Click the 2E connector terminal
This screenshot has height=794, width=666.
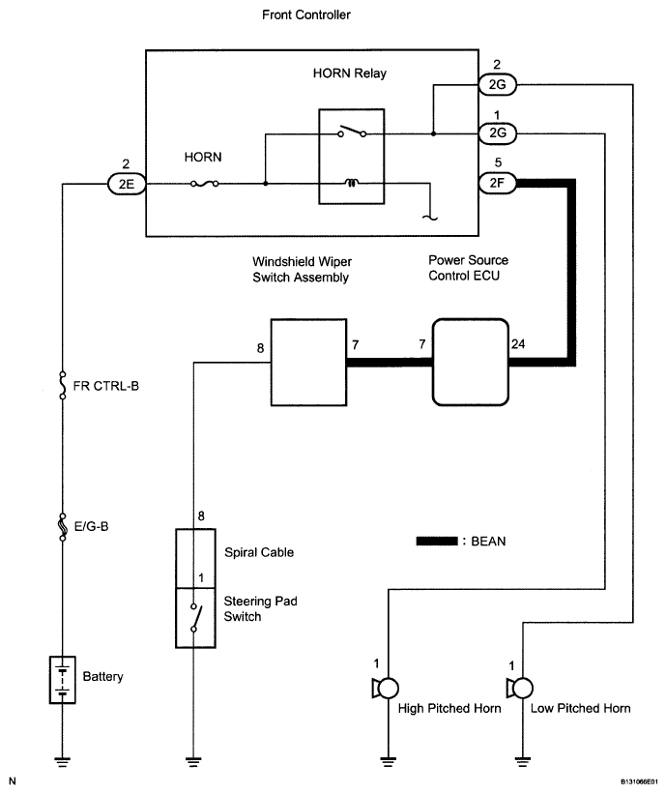[127, 184]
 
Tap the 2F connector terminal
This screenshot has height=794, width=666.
[497, 183]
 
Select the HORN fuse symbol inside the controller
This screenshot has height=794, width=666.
[205, 184]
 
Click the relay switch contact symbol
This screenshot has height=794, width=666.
[352, 132]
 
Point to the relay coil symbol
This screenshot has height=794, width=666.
[351, 182]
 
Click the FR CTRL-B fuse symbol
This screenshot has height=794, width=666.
[63, 385]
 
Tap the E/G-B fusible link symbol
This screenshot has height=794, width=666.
[63, 526]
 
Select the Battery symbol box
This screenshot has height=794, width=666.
[62, 680]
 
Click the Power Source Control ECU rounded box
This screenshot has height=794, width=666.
[470, 362]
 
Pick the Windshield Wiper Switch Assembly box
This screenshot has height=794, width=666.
[308, 362]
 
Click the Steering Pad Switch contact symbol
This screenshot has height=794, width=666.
[195, 618]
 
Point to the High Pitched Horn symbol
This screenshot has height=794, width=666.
[386, 689]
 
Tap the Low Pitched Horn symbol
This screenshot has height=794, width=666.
[520, 689]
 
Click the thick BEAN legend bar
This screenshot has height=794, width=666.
[437, 541]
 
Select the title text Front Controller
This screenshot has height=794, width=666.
[306, 15]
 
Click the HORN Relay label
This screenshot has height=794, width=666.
[350, 74]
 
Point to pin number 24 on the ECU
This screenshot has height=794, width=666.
[518, 344]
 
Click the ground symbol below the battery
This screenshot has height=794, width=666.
[62, 760]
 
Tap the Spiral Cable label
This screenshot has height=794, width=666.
[259, 552]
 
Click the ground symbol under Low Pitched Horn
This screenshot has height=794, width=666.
[523, 760]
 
